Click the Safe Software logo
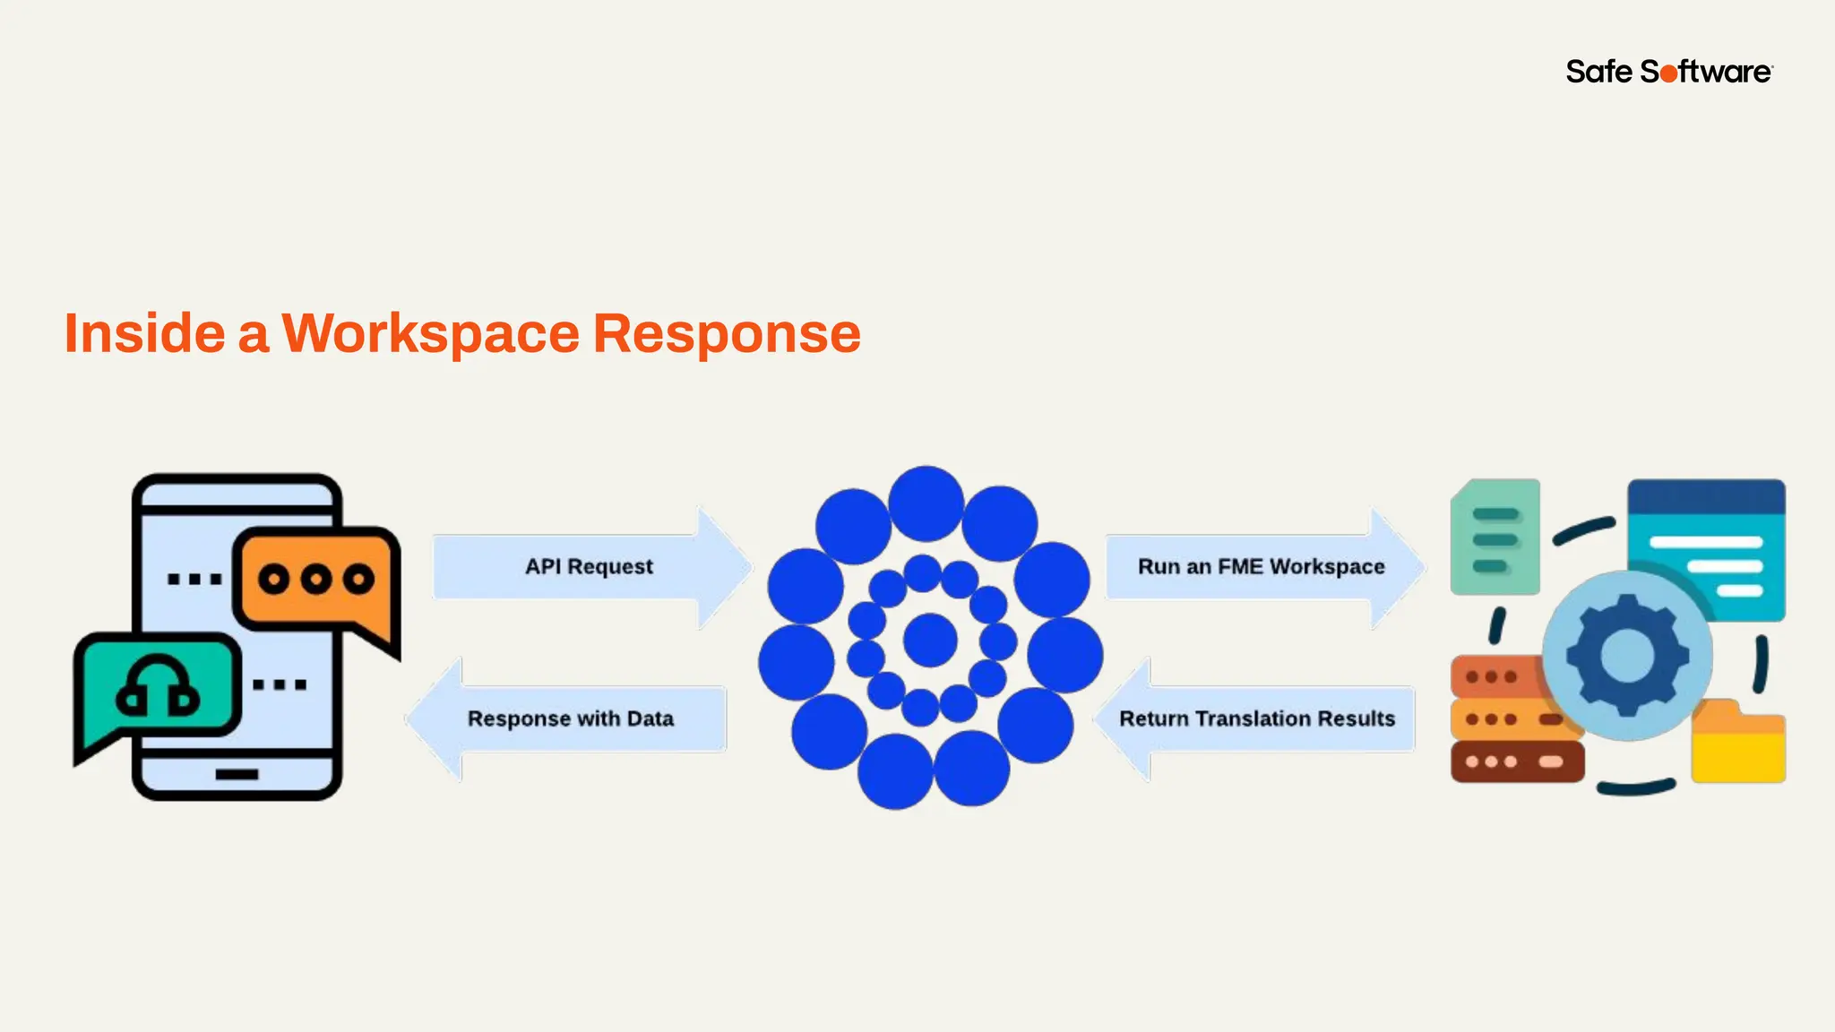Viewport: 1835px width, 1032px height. pyautogui.click(x=1668, y=71)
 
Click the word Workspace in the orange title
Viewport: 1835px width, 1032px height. pyautogui.click(x=431, y=334)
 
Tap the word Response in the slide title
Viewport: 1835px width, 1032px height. pyautogui.click(x=727, y=334)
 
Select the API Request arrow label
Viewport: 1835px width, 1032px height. pyautogui.click(x=589, y=566)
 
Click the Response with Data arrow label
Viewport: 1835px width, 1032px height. pyautogui.click(x=570, y=718)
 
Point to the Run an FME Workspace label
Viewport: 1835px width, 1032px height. pyautogui.click(x=1261, y=566)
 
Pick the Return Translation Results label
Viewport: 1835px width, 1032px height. pyautogui.click(x=1257, y=718)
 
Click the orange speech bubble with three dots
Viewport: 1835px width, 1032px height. pyautogui.click(x=315, y=580)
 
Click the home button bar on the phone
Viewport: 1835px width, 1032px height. pyautogui.click(x=237, y=774)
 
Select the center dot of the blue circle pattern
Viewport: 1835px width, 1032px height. pyautogui.click(x=930, y=640)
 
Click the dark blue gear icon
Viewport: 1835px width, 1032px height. pyautogui.click(x=1627, y=655)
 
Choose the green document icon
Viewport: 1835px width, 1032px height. pyautogui.click(x=1495, y=537)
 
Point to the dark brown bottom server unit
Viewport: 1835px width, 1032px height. pyautogui.click(x=1517, y=761)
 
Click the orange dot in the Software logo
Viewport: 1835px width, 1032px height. pyautogui.click(x=1668, y=73)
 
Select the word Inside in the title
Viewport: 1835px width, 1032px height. pyautogui.click(x=144, y=334)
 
